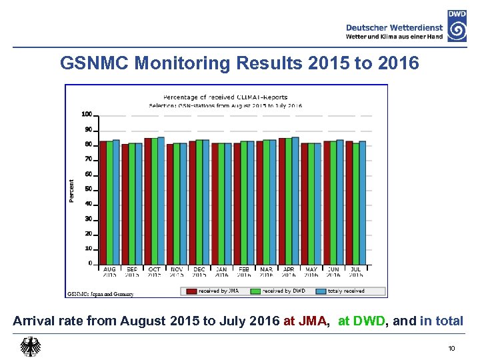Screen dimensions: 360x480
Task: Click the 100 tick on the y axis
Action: point(87,114)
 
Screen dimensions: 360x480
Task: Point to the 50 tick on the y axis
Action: point(89,189)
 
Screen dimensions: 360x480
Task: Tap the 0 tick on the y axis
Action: point(90,263)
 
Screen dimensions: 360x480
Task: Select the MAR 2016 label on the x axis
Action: point(266,272)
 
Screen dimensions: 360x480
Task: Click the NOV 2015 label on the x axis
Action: point(177,272)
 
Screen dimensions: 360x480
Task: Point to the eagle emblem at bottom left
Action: point(31,347)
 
